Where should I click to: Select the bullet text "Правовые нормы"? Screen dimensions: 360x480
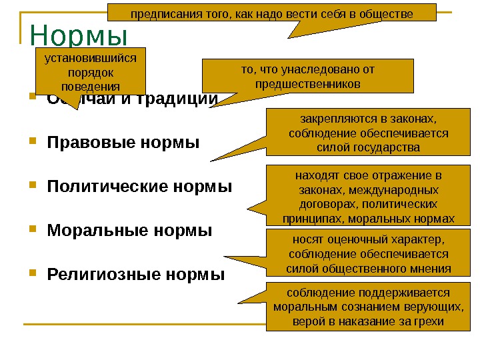(123, 142)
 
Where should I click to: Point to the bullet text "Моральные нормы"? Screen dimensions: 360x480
(129, 231)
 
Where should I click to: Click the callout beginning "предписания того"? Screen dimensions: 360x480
(271, 13)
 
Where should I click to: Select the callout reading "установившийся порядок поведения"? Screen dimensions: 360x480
(90, 72)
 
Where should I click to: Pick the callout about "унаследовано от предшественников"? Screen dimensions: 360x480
(307, 76)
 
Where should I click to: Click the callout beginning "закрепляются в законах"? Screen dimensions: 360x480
(369, 133)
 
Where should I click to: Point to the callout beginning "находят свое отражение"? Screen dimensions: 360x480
(369, 196)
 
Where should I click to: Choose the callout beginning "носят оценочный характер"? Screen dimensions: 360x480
(369, 254)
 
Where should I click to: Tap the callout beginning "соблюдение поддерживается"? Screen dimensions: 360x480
(369, 307)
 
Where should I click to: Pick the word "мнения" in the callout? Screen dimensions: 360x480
(430, 269)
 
